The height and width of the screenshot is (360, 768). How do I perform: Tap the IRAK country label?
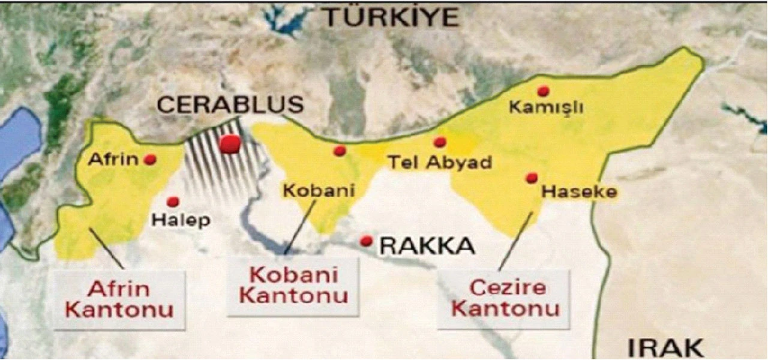[665, 347]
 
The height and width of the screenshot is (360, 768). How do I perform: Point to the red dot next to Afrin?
[150, 160]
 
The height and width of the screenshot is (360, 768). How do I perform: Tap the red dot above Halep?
[173, 202]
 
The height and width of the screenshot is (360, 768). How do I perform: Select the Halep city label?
[181, 220]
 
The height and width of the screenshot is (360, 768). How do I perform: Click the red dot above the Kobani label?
[340, 151]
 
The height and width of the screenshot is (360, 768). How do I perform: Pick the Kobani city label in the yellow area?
[319, 191]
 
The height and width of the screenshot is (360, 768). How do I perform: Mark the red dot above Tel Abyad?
[440, 142]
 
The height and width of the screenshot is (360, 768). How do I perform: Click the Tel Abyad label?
[440, 162]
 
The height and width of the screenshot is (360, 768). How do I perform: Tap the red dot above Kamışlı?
[543, 91]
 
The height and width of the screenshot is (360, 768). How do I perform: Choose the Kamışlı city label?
[538, 109]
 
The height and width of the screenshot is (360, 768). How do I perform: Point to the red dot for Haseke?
[531, 178]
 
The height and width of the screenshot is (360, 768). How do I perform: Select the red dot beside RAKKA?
[366, 241]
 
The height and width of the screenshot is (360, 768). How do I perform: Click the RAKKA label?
[428, 245]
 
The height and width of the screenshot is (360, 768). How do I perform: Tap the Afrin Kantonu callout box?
[119, 299]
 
